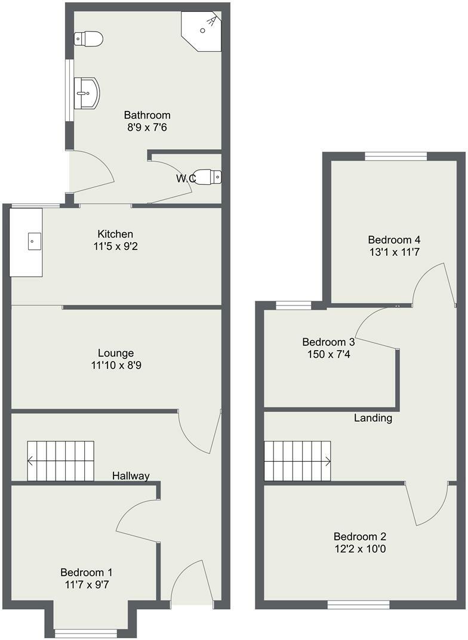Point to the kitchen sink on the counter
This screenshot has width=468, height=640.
pos(33,242)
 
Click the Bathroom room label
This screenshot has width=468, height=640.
pos(147,115)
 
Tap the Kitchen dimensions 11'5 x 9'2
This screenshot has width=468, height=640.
pos(116,246)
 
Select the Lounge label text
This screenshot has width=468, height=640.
pos(116,353)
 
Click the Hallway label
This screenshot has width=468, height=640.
pos(131,475)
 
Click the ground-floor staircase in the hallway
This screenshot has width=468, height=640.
pos(61,460)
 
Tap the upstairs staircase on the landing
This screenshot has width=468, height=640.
pos(297,460)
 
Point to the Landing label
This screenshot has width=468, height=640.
pos(373,418)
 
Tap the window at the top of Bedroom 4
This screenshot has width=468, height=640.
pos(396,156)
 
